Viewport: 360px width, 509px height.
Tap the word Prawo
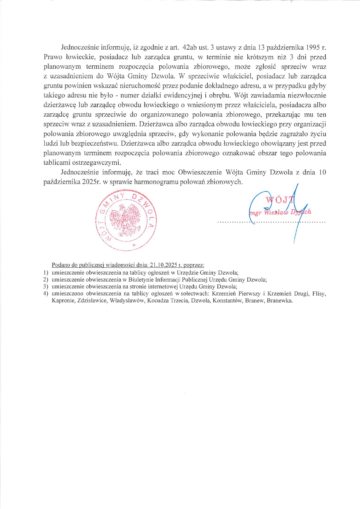(53, 57)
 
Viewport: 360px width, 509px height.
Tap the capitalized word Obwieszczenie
(200, 172)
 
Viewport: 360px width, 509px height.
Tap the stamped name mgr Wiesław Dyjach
(280, 212)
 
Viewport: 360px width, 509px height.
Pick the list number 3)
(46, 287)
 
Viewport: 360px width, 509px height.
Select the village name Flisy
(319, 294)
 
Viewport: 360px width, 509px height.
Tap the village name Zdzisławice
(92, 300)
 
